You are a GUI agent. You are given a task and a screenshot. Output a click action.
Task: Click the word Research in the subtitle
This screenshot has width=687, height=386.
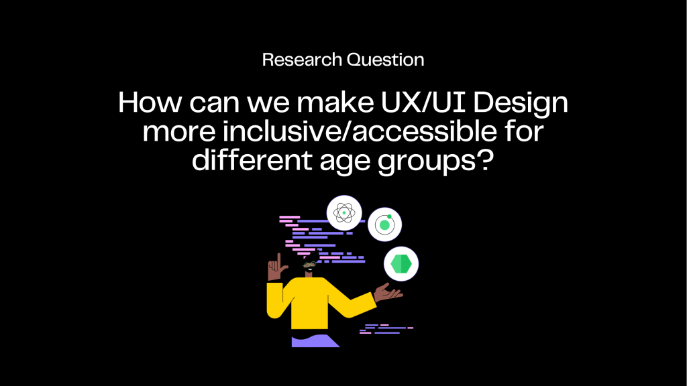pyautogui.click(x=302, y=60)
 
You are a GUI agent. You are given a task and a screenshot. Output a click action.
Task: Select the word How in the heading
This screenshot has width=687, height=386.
pyautogui.click(x=150, y=103)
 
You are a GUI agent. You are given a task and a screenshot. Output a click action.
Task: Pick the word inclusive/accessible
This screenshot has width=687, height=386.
pyautogui.click(x=360, y=131)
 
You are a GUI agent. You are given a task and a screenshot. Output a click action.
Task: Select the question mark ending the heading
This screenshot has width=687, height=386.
pyautogui.click(x=485, y=159)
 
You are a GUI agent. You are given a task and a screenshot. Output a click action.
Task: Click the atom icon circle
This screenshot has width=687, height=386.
pyautogui.click(x=344, y=212)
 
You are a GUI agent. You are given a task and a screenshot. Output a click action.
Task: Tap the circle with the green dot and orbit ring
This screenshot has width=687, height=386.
pyautogui.click(x=384, y=224)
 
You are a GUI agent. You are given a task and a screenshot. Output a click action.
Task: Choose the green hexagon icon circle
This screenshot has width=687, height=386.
pyautogui.click(x=401, y=264)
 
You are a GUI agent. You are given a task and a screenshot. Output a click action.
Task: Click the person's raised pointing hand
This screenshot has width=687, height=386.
pyautogui.click(x=276, y=268)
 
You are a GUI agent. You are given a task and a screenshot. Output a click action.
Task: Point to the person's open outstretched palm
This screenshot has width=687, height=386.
pyautogui.click(x=388, y=292)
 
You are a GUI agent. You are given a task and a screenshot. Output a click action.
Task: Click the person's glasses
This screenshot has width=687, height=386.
pyautogui.click(x=309, y=264)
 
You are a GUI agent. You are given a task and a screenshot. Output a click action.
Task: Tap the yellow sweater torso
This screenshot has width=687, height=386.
pyautogui.click(x=309, y=303)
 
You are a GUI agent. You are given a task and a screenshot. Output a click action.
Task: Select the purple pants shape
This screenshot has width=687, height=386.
pyautogui.click(x=315, y=341)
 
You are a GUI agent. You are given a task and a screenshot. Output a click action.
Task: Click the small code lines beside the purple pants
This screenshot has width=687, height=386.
pyautogui.click(x=386, y=329)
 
